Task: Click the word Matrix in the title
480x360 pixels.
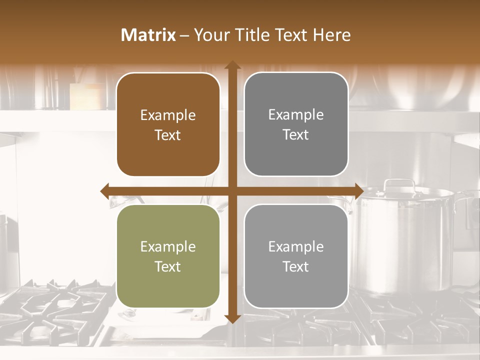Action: point(148,35)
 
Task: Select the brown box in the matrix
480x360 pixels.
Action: point(168,124)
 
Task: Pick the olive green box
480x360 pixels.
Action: point(168,256)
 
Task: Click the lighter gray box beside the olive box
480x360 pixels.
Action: point(296,256)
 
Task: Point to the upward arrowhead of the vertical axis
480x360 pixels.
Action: point(232,65)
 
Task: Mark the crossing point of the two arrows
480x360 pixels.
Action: point(232,191)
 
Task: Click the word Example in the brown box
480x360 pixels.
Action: point(168,115)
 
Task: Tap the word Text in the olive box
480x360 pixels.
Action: point(168,266)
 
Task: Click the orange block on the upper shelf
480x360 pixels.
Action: point(86,96)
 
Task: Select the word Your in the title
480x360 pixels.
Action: point(210,35)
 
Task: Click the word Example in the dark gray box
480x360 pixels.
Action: point(296,115)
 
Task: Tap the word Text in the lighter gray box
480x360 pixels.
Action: point(296,266)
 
